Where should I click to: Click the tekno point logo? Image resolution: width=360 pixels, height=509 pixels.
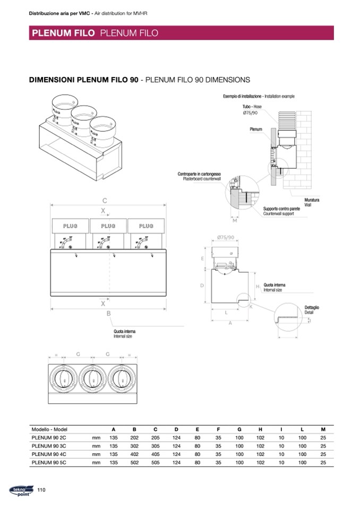(20, 490)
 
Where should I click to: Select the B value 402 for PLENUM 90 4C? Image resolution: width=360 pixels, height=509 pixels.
(134, 454)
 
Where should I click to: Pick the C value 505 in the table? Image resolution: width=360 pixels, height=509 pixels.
(155, 463)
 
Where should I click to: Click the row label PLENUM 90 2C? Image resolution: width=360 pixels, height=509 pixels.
(49, 438)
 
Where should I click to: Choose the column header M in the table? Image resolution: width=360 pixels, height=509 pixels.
(323, 429)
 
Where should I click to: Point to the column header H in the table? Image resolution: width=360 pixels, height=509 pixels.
(260, 429)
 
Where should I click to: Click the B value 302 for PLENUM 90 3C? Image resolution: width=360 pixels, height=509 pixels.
(134, 446)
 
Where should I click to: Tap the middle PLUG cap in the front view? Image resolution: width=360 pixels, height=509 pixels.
(108, 227)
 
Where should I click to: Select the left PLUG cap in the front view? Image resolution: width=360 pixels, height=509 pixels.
(70, 227)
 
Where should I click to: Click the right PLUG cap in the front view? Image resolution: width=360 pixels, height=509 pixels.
(147, 227)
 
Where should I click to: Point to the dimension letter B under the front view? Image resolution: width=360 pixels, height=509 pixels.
(108, 314)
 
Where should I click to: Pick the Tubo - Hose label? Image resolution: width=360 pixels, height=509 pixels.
(252, 107)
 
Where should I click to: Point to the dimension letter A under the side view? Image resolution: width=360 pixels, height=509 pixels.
(230, 323)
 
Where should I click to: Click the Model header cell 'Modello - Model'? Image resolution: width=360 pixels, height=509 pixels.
(49, 429)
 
